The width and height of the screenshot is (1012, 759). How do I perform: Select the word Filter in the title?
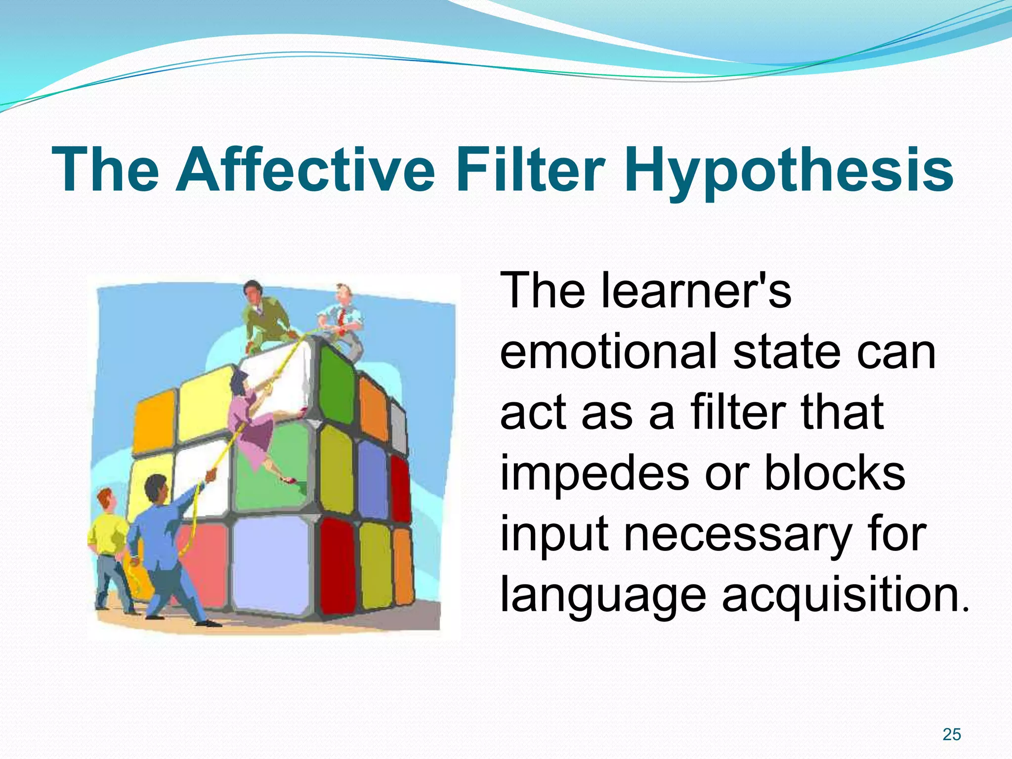530,169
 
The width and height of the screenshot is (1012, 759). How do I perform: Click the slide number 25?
951,735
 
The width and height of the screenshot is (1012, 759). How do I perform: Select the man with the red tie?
343,321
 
